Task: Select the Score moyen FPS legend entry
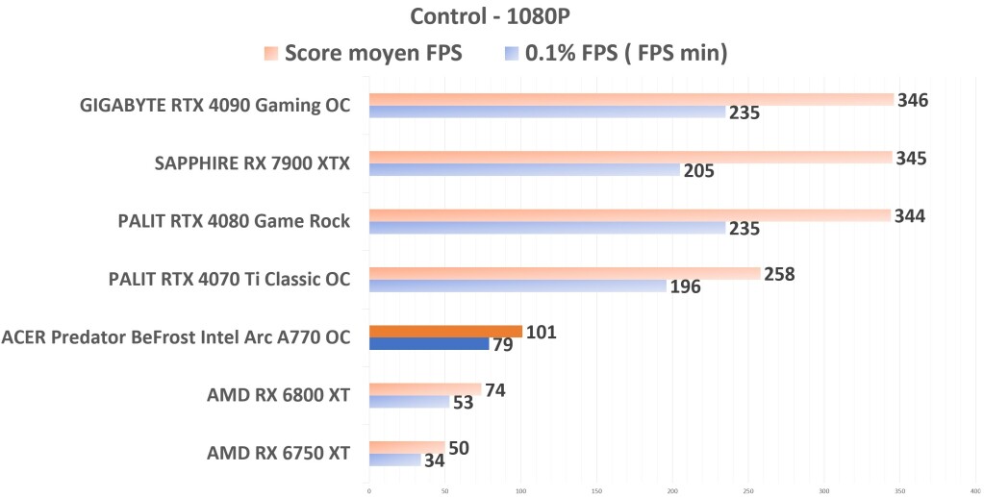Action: [363, 53]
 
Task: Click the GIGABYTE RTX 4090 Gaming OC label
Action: [214, 105]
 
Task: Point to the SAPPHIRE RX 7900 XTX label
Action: [252, 163]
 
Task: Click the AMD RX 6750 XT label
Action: [278, 453]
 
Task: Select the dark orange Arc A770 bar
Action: [445, 332]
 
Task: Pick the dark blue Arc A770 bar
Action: [429, 344]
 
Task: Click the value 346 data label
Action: [912, 100]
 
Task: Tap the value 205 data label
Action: [698, 171]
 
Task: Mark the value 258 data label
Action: [779, 274]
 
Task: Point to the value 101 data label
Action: [541, 333]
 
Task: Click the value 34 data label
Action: [436, 460]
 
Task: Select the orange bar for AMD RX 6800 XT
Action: [425, 389]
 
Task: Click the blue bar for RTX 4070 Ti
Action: [517, 286]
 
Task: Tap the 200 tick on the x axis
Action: [672, 489]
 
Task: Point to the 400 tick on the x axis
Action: [974, 489]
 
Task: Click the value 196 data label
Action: [685, 287]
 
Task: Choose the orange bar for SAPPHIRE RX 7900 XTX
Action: [630, 158]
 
